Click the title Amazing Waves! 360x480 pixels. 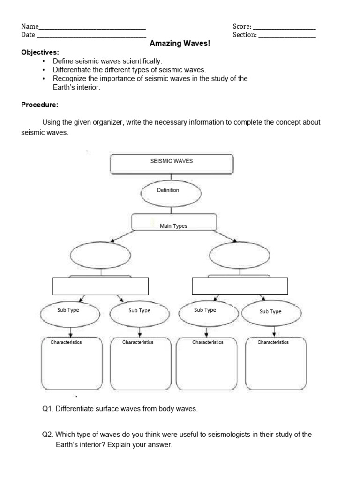point(180,44)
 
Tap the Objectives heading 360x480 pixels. point(40,52)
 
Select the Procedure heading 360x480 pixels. point(40,105)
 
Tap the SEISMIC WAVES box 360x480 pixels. point(171,164)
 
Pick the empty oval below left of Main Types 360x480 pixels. point(100,256)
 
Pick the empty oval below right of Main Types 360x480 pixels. point(239,256)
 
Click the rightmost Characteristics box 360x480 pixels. point(276,363)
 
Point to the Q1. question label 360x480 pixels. point(48,409)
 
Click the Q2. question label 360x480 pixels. point(48,435)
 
